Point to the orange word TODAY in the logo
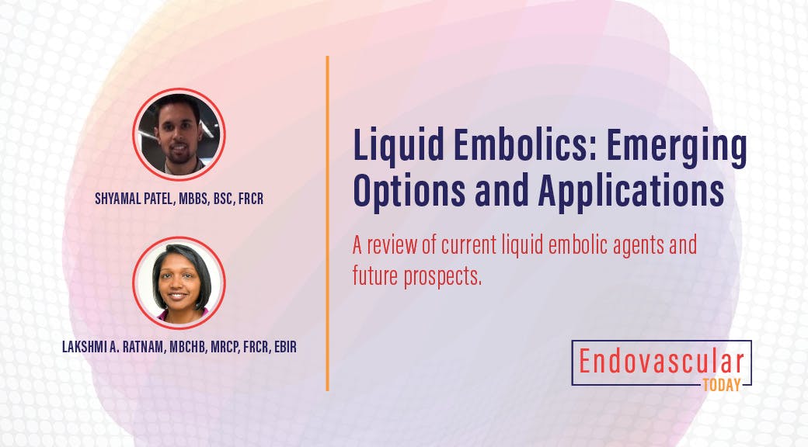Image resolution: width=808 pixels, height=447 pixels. (x=722, y=383)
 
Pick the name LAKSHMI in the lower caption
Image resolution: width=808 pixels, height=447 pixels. (x=85, y=347)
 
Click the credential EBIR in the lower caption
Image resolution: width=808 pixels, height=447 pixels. (x=280, y=347)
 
